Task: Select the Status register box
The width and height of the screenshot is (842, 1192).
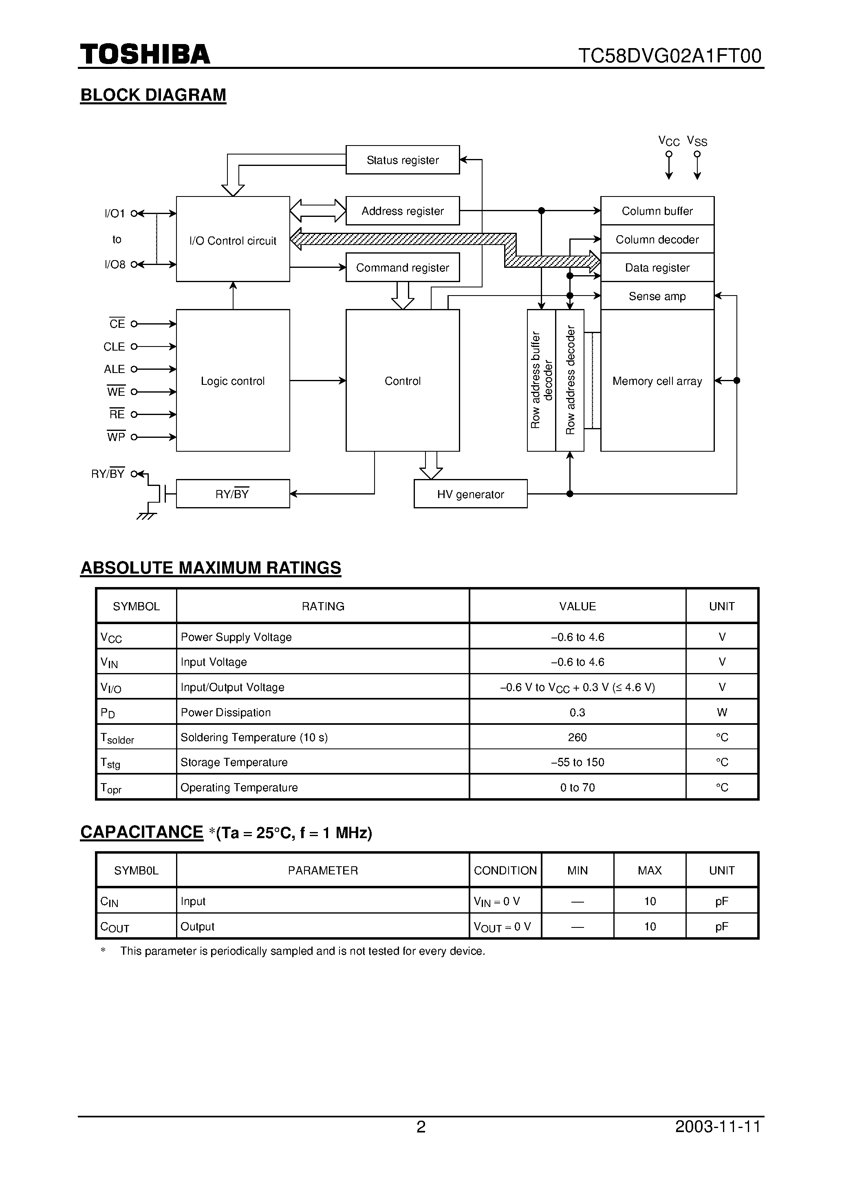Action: [x=402, y=160]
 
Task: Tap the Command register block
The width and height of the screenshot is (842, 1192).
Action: [x=402, y=267]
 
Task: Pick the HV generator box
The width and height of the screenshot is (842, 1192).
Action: [x=470, y=494]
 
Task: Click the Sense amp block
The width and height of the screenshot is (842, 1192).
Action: [x=657, y=296]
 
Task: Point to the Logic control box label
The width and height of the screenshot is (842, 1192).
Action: [x=233, y=381]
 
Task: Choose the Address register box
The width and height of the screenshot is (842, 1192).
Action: [x=402, y=211]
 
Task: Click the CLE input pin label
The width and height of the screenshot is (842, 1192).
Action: [x=114, y=346]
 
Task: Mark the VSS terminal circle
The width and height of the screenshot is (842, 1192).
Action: [x=697, y=154]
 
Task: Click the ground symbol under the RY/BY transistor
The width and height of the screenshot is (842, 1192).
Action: [x=146, y=516]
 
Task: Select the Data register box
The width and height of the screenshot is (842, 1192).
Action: [x=657, y=267]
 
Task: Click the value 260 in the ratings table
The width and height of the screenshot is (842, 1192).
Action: [x=577, y=737]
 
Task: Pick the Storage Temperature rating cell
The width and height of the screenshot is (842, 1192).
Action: [x=234, y=762]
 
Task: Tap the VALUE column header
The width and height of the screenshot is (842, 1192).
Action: [x=577, y=606]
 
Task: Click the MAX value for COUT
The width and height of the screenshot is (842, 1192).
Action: [x=650, y=927]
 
